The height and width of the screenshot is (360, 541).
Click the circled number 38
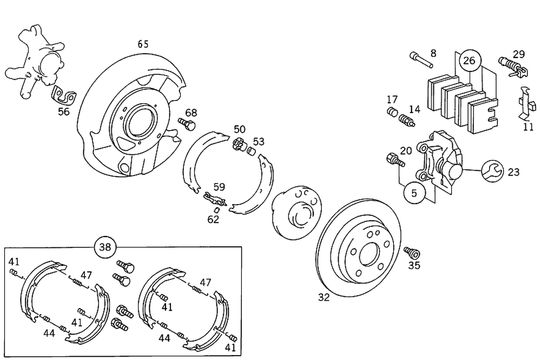point(105,248)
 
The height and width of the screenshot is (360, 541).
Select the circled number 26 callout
point(469,61)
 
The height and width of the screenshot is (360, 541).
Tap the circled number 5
point(414,192)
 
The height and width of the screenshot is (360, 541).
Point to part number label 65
point(142,44)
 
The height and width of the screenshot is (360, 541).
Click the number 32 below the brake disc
point(324,297)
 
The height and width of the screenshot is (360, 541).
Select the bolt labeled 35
point(412,253)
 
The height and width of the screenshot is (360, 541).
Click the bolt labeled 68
point(188,125)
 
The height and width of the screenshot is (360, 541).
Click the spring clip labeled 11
point(524,103)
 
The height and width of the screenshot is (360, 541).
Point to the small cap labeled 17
point(392,113)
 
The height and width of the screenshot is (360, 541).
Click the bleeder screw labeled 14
point(406,120)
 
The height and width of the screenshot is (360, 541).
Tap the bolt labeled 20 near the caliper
point(394,160)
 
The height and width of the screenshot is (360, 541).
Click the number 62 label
point(214,220)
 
